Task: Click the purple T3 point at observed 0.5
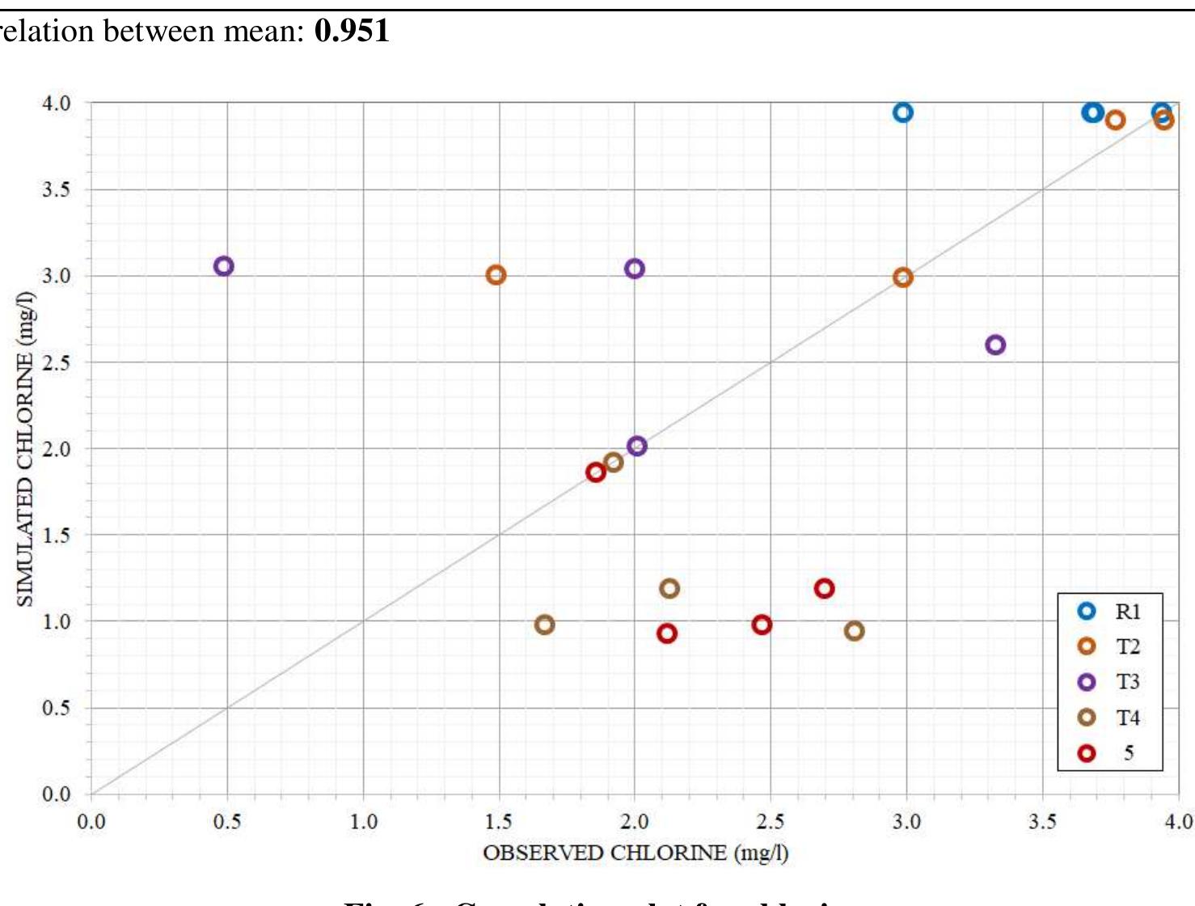pos(224,266)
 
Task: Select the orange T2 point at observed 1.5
pos(496,275)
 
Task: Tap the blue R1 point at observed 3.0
pos(903,112)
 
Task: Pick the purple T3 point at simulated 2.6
pos(995,345)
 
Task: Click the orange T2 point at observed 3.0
pos(903,277)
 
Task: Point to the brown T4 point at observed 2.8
pos(854,631)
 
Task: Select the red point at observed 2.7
pos(824,588)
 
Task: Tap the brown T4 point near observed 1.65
pos(544,624)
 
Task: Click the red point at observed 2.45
pos(762,624)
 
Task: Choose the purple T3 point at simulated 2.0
pos(636,446)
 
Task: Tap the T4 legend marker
pos(1087,718)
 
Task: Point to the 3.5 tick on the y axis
pos(57,189)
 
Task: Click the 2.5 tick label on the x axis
pos(770,822)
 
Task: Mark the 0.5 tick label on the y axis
pos(57,708)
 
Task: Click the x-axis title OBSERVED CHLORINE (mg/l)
pos(636,853)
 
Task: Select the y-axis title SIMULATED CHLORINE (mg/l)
pos(25,448)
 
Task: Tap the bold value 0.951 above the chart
pos(353,31)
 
